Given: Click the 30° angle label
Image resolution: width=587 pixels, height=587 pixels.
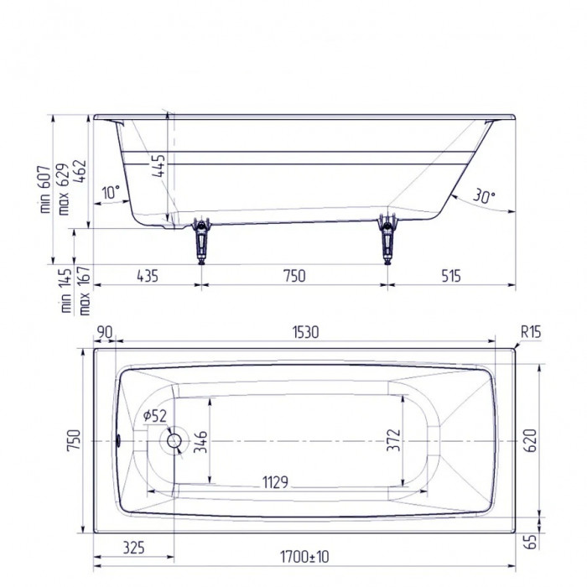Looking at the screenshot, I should (x=484, y=197).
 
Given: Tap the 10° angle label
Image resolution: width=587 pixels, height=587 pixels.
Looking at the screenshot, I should (x=110, y=192).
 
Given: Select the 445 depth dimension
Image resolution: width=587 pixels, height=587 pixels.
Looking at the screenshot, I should (x=160, y=169).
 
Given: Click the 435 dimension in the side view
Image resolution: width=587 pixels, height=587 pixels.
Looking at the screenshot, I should (x=146, y=275).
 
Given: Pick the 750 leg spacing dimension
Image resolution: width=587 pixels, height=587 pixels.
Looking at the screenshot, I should (x=293, y=275).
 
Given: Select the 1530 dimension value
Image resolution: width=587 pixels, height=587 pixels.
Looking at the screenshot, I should (x=304, y=332).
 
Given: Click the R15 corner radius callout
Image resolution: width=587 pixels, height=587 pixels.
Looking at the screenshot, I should (x=530, y=332).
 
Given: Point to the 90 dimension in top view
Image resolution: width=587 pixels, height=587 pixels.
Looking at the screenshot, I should (x=104, y=332).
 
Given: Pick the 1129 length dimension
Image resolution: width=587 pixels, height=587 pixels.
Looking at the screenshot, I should (x=276, y=482).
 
